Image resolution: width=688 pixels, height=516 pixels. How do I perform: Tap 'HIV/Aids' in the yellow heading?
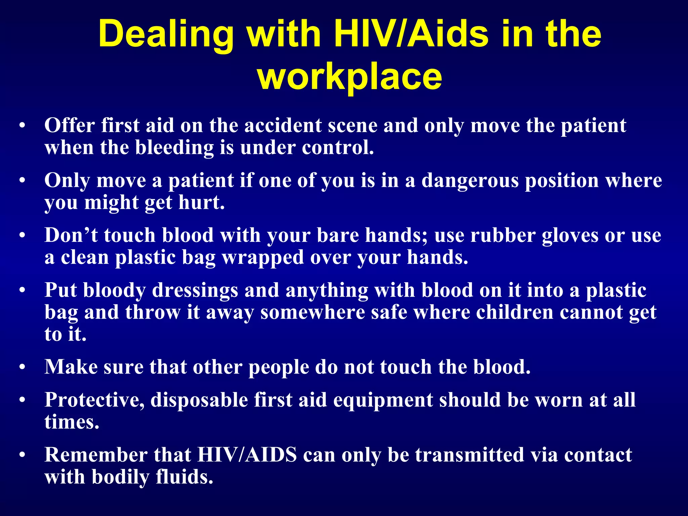[411, 34]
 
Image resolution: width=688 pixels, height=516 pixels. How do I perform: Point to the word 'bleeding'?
[174, 147]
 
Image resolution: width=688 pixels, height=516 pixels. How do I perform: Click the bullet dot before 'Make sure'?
[22, 367]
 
